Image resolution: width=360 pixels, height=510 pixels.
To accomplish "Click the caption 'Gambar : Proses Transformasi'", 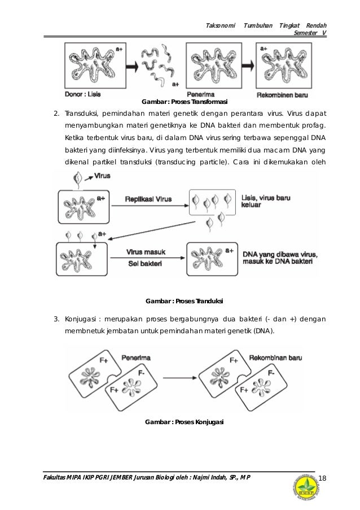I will click(183, 102).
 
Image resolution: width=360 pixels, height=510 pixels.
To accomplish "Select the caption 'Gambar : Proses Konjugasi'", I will click(185, 422).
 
